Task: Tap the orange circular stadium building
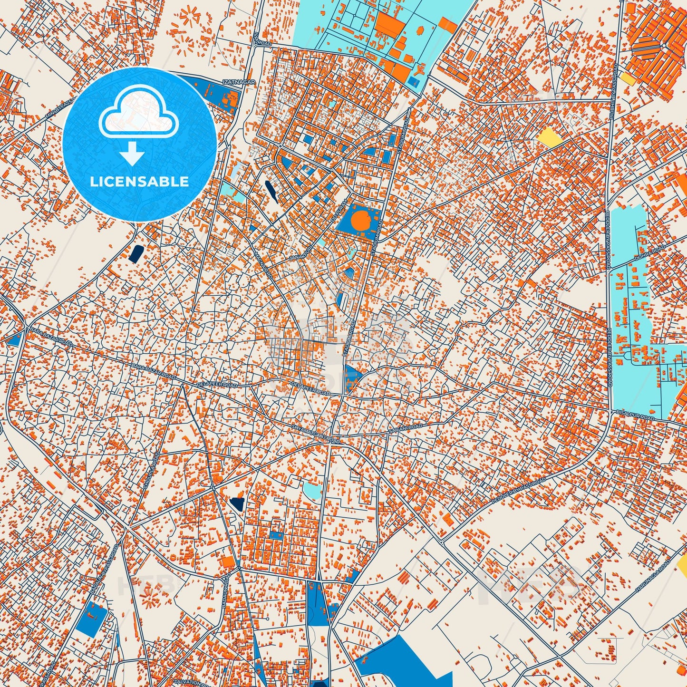[x=361, y=220]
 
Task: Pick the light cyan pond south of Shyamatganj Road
[x=312, y=491]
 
